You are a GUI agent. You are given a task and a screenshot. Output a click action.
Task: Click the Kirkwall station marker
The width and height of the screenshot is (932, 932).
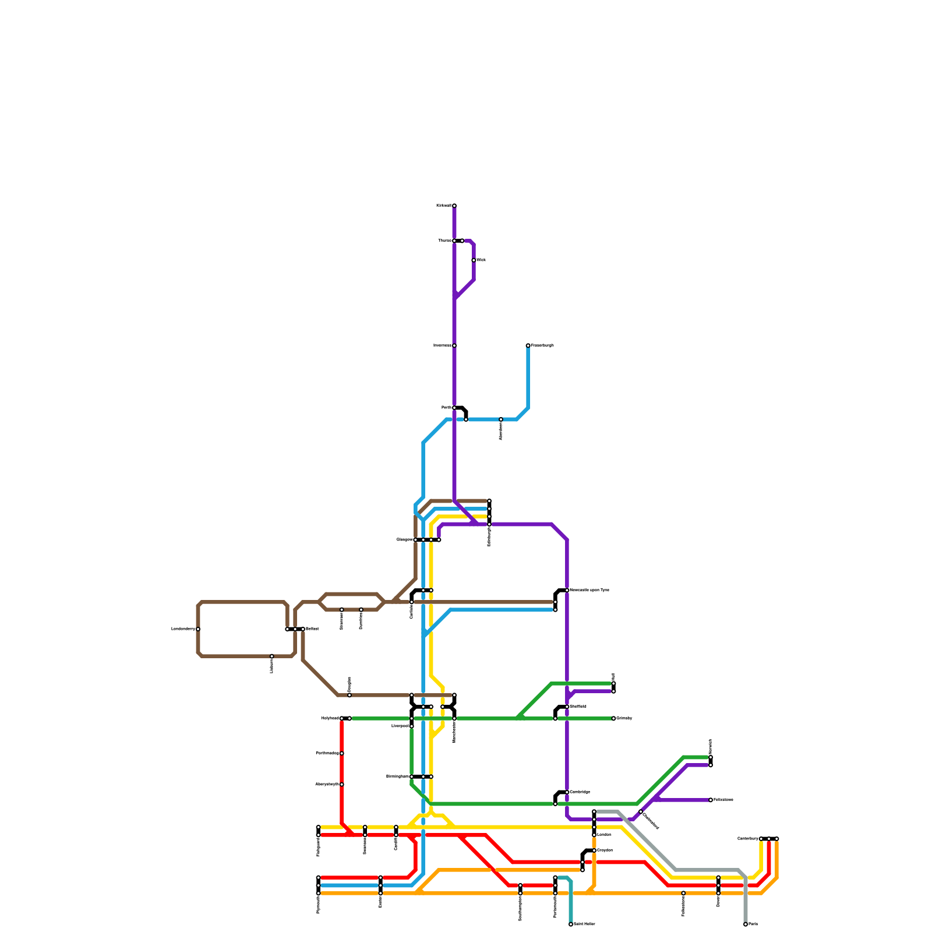[x=454, y=206]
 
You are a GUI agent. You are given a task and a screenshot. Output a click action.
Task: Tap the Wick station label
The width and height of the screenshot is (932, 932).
[x=481, y=260]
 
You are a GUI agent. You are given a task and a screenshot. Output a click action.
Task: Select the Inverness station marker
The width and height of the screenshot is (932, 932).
[x=454, y=345]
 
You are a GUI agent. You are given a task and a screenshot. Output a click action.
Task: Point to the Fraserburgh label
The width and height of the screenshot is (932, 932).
[x=542, y=345]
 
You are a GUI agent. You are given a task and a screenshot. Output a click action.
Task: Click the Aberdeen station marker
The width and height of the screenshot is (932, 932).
[x=501, y=419]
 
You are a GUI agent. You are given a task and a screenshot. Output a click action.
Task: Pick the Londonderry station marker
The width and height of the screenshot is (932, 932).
[x=198, y=629]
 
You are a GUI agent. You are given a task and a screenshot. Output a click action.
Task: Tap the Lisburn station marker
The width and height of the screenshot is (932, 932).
[x=272, y=656]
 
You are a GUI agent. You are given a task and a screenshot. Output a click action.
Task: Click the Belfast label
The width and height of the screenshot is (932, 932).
[x=312, y=629]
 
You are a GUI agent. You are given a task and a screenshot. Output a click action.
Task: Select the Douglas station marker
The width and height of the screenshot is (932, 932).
[x=349, y=695]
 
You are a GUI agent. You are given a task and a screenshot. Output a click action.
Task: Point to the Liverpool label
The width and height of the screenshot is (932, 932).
[x=400, y=726]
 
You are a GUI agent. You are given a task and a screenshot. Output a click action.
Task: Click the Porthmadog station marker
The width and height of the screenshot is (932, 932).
[x=342, y=753]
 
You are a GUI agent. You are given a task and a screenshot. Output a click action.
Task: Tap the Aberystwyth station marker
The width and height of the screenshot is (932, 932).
[x=342, y=785]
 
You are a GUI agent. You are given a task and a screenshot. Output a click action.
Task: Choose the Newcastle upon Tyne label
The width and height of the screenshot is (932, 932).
[x=589, y=590]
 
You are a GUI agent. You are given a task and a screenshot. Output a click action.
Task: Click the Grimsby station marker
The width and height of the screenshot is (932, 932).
[x=613, y=718]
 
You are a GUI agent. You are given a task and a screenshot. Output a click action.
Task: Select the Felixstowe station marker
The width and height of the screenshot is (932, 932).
[x=711, y=800]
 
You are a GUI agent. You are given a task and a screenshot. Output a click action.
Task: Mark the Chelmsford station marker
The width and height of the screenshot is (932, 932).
[x=641, y=811]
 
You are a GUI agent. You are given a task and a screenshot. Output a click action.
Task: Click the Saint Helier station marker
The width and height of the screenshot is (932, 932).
[x=571, y=924]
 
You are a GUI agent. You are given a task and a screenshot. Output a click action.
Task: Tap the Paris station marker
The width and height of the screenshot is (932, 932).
[x=746, y=924]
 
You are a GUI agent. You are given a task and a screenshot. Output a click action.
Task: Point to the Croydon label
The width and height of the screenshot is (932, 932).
[x=605, y=850]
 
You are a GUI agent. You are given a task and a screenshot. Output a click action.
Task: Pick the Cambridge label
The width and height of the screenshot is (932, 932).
[x=580, y=792]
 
